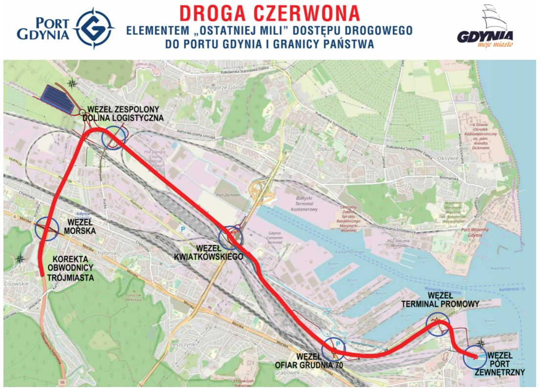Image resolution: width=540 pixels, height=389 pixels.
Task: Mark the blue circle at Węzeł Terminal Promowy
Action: [437, 324]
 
